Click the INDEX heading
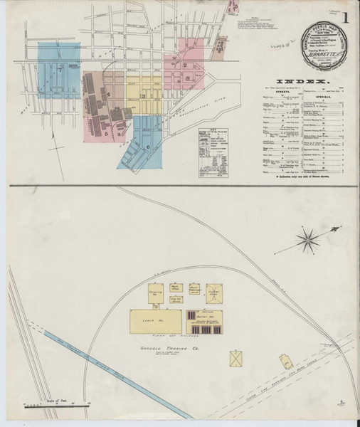(309, 83)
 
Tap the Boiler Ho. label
(211, 313)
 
